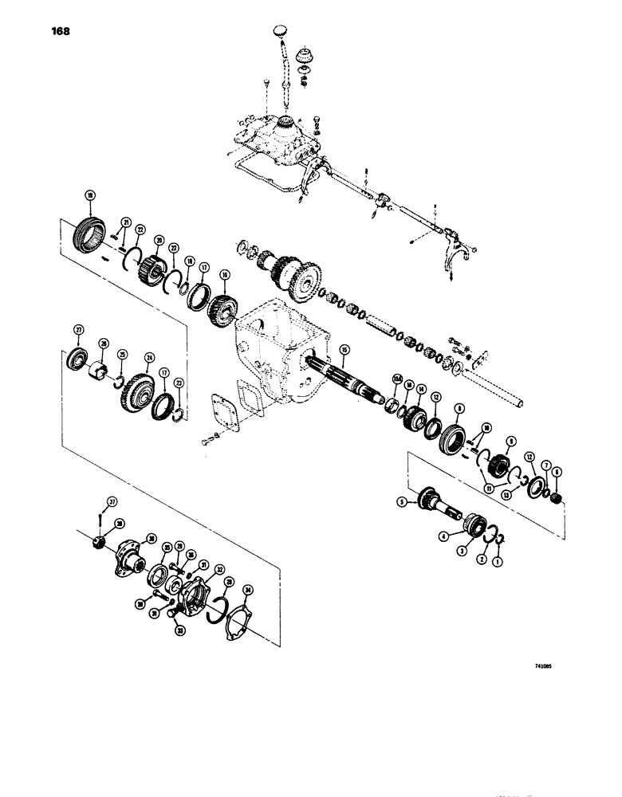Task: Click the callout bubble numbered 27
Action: tap(79, 329)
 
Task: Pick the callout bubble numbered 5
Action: tap(403, 502)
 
